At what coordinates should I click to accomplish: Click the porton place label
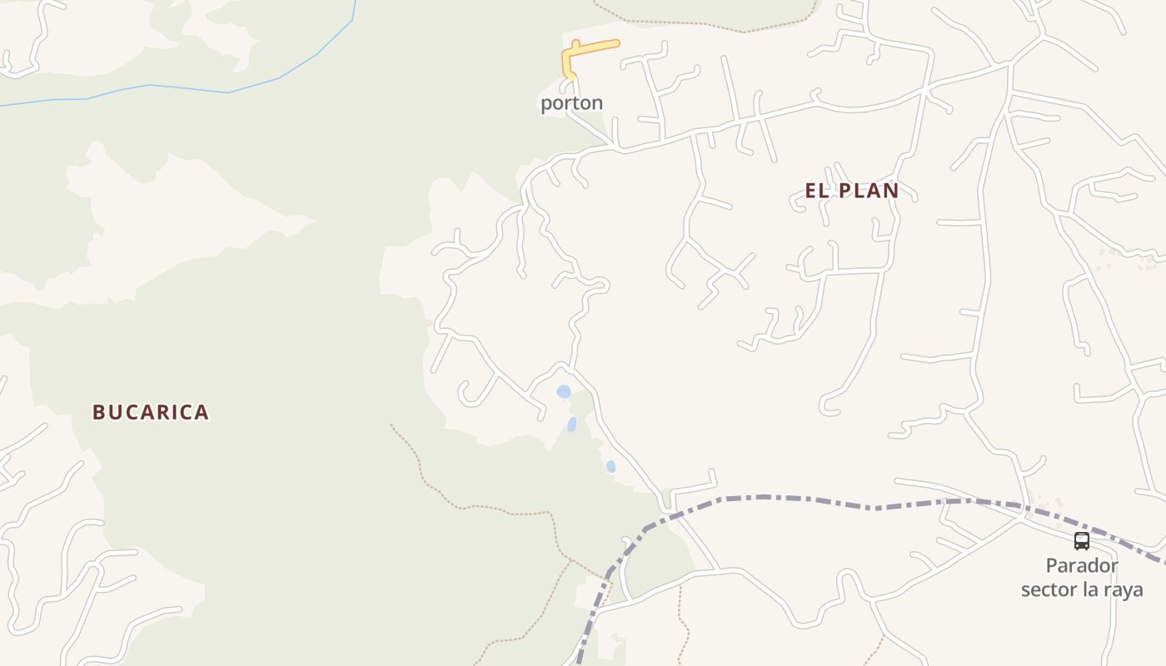(x=571, y=103)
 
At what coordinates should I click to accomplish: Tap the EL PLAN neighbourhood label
(x=851, y=191)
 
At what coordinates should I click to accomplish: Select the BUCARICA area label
(x=150, y=412)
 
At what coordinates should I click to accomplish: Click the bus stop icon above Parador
(x=1081, y=541)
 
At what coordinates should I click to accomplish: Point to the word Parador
(x=1082, y=566)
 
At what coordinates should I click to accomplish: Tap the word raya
(x=1123, y=590)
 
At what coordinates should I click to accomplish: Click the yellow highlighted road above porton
(x=593, y=48)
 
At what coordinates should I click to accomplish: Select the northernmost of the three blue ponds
(x=564, y=391)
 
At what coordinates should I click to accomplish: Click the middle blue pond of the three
(x=572, y=425)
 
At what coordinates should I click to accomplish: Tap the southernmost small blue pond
(x=610, y=466)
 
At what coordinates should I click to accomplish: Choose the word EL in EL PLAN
(x=815, y=191)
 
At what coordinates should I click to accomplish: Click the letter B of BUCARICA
(x=98, y=412)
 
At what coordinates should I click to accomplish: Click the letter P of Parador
(x=1052, y=566)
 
